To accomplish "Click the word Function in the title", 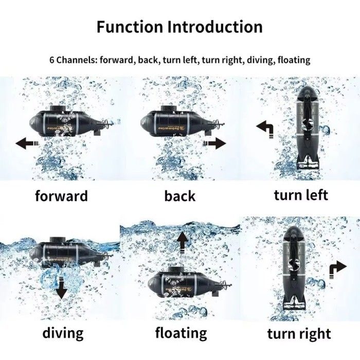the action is click(130, 27).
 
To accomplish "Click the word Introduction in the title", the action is click(215, 27).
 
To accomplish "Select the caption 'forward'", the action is click(62, 196).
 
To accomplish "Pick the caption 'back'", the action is click(180, 196).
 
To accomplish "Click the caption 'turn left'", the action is click(301, 195).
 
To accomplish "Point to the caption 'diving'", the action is click(63, 333).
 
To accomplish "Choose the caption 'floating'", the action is click(181, 333).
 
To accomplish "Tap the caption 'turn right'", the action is click(299, 334).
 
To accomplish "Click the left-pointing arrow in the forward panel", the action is click(27, 143).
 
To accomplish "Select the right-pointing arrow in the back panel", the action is click(214, 143).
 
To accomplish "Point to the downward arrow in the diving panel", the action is click(61, 288).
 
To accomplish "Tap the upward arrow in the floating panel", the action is click(183, 242).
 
